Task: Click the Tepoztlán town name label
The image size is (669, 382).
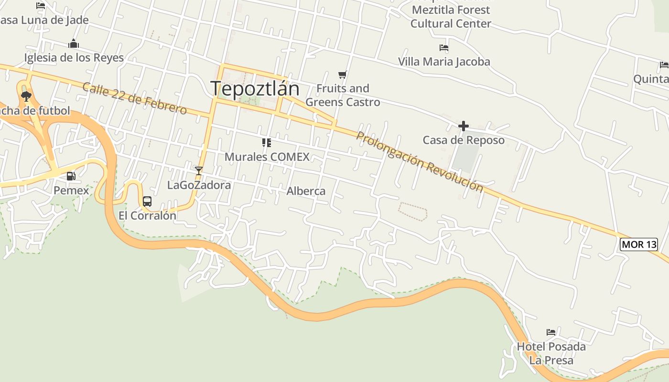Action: click(x=255, y=88)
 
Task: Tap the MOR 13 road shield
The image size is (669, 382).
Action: click(x=639, y=244)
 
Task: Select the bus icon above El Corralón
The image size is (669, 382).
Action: click(x=147, y=202)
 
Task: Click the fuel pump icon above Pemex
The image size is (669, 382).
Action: click(x=71, y=176)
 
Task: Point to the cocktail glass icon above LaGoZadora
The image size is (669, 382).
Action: click(x=199, y=170)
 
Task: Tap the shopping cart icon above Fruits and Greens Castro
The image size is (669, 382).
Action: click(x=342, y=74)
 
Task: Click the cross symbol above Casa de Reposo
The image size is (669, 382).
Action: click(x=463, y=126)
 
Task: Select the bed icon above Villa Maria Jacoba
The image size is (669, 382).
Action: click(x=444, y=48)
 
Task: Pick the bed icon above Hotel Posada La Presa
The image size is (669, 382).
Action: click(x=551, y=332)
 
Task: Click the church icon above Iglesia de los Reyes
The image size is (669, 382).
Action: click(x=73, y=44)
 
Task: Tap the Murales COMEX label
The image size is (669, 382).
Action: click(x=267, y=157)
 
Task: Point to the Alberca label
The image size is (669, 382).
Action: click(x=306, y=191)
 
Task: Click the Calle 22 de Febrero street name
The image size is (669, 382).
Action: click(x=134, y=98)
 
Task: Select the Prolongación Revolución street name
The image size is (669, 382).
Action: click(x=420, y=161)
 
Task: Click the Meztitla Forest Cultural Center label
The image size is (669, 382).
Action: click(x=451, y=17)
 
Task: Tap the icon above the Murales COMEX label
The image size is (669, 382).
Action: click(x=267, y=142)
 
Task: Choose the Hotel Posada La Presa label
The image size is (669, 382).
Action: click(x=551, y=353)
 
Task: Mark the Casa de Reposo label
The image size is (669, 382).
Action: click(x=464, y=140)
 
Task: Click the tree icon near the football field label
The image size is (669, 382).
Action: click(x=26, y=96)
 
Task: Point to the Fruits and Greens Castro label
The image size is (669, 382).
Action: click(x=343, y=95)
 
